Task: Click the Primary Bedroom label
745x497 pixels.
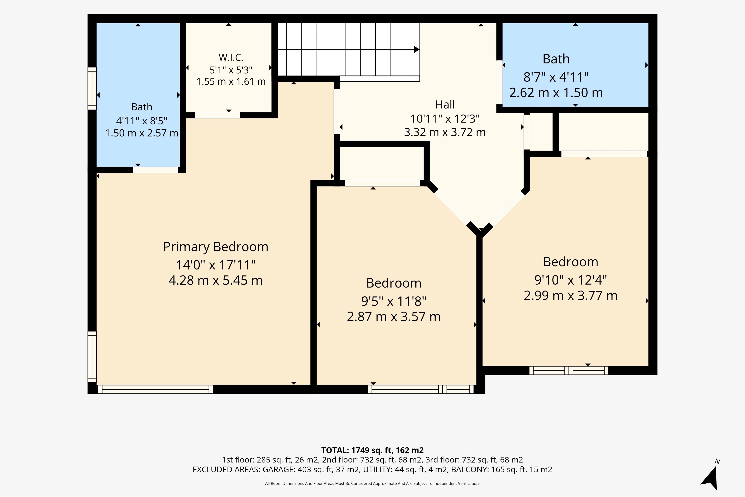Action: tap(216, 247)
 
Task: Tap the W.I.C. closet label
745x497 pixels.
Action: tap(231, 57)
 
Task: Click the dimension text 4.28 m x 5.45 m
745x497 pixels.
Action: tap(216, 280)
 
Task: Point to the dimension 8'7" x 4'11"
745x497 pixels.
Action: tap(556, 77)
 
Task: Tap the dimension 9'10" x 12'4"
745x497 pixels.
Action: tap(570, 280)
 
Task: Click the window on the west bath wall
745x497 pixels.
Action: tap(92, 89)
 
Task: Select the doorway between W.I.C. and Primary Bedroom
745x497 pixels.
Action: tap(218, 115)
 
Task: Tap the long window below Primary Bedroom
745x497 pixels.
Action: tap(156, 389)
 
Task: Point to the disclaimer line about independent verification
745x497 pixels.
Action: tap(372, 483)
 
